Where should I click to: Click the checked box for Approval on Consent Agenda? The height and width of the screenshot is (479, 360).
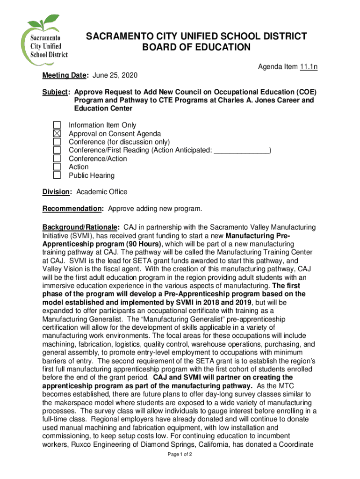click(x=57, y=134)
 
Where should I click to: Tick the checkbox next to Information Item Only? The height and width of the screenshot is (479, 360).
click(x=57, y=125)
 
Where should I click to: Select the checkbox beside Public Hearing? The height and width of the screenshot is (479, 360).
click(x=57, y=175)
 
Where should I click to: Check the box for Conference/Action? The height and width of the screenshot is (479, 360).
click(x=57, y=159)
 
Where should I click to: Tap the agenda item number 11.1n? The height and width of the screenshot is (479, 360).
click(x=309, y=67)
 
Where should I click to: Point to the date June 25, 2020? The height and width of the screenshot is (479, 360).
click(x=115, y=76)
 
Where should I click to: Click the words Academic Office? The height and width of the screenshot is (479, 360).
click(x=101, y=192)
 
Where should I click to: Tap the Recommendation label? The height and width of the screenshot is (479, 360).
click(x=72, y=209)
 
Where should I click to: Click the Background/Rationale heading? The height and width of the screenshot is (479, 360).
click(x=81, y=227)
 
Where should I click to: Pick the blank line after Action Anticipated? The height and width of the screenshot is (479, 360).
click(x=241, y=150)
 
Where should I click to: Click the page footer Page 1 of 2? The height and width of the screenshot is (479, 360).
click(x=180, y=467)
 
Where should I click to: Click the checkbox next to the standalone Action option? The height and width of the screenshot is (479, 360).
click(x=57, y=167)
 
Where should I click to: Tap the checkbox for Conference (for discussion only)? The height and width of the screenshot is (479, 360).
click(x=57, y=142)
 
